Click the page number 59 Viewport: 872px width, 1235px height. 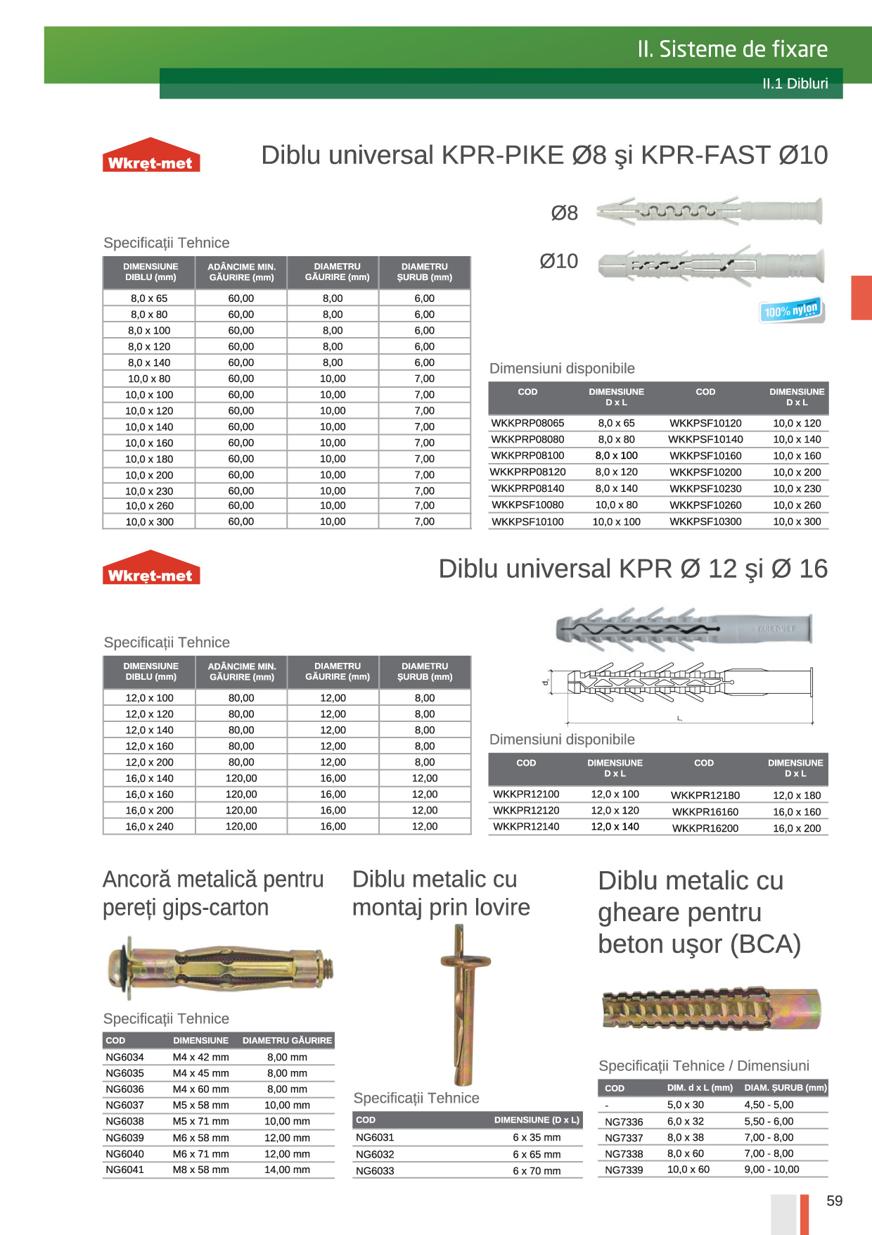click(x=834, y=1201)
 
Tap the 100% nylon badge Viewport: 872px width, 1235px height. click(x=792, y=310)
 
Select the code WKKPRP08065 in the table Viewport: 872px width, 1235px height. click(x=527, y=423)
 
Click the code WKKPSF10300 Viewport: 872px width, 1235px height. click(x=705, y=521)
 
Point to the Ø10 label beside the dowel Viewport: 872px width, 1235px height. click(x=558, y=261)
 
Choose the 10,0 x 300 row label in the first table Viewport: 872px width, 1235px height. click(x=149, y=521)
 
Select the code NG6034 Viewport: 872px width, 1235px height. click(x=124, y=1057)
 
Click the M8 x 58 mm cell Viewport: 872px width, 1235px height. click(x=200, y=1170)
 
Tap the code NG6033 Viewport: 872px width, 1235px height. click(x=375, y=1171)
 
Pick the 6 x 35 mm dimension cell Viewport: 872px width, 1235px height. click(x=537, y=1137)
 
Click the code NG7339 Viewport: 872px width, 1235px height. click(x=624, y=1170)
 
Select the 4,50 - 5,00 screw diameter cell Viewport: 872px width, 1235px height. click(x=769, y=1105)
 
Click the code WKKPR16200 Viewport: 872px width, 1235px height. click(x=705, y=828)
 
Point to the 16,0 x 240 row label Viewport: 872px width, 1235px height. click(x=149, y=826)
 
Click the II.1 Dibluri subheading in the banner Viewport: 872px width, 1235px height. click(x=795, y=84)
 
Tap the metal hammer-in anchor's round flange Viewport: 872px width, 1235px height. click(x=465, y=961)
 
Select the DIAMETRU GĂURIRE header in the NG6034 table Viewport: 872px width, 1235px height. click(x=287, y=1040)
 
